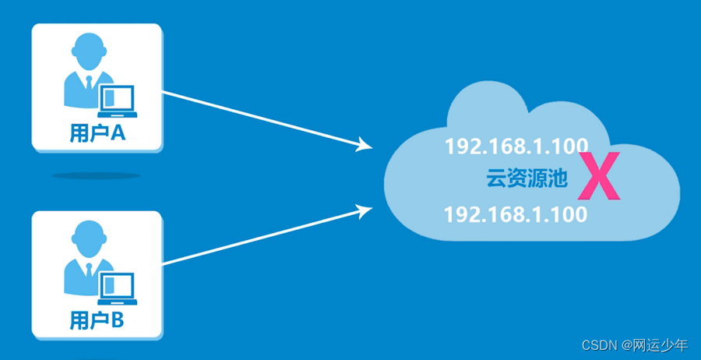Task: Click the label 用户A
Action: (97, 133)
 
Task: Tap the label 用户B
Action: (97, 319)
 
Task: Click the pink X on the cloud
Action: (600, 178)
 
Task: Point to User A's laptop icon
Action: (117, 101)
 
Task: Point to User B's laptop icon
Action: (117, 288)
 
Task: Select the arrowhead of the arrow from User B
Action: (363, 207)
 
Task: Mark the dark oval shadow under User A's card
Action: (97, 175)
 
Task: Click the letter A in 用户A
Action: (118, 133)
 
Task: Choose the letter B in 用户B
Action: (118, 319)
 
